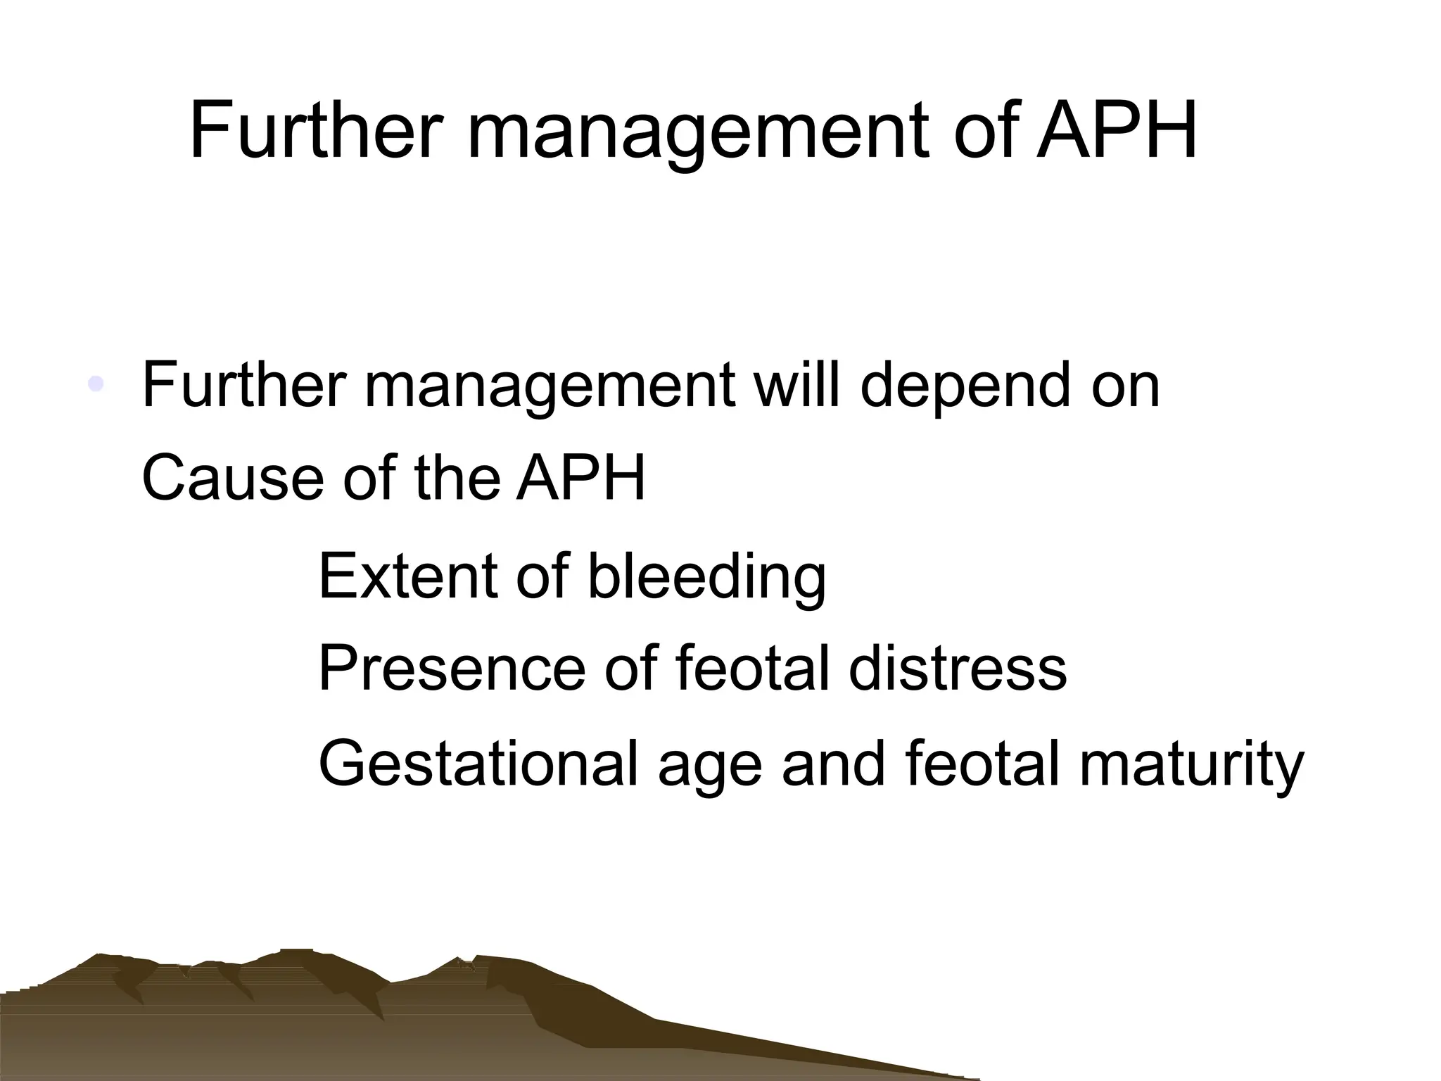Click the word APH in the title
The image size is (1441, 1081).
click(1117, 132)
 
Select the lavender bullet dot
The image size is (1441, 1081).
click(96, 384)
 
